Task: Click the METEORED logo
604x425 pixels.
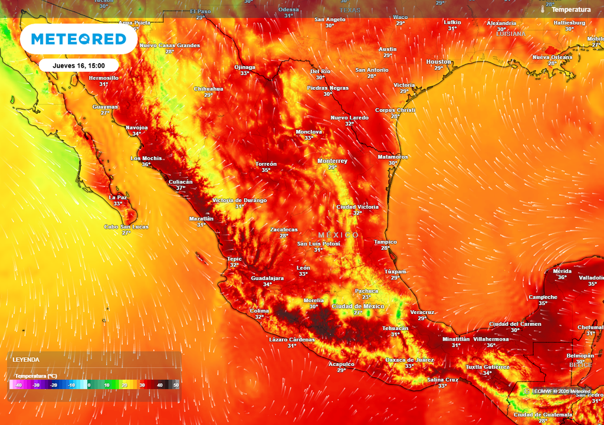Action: coord(78,40)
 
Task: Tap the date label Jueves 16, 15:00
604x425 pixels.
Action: coord(79,66)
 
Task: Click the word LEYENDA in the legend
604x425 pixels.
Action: coord(26,359)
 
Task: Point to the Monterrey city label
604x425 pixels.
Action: coord(333,161)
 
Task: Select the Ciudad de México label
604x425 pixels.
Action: coord(358,306)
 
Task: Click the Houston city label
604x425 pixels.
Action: coord(439,62)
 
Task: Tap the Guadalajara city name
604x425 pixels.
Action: coord(267,278)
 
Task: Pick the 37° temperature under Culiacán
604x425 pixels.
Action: coord(180,188)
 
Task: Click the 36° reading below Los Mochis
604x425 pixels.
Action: coord(146,165)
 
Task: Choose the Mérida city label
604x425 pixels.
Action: coord(562,272)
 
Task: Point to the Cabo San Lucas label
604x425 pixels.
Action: coord(126,227)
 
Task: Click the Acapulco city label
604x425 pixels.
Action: coord(342,364)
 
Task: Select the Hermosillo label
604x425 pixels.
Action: coord(103,78)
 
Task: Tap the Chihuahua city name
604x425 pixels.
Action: coord(208,89)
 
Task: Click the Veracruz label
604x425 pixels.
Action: coord(422,312)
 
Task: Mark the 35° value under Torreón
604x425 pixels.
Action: coord(266,170)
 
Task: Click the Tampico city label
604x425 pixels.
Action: coord(385,242)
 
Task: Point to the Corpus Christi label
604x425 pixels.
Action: coord(395,110)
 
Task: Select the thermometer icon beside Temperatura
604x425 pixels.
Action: coord(543,9)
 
